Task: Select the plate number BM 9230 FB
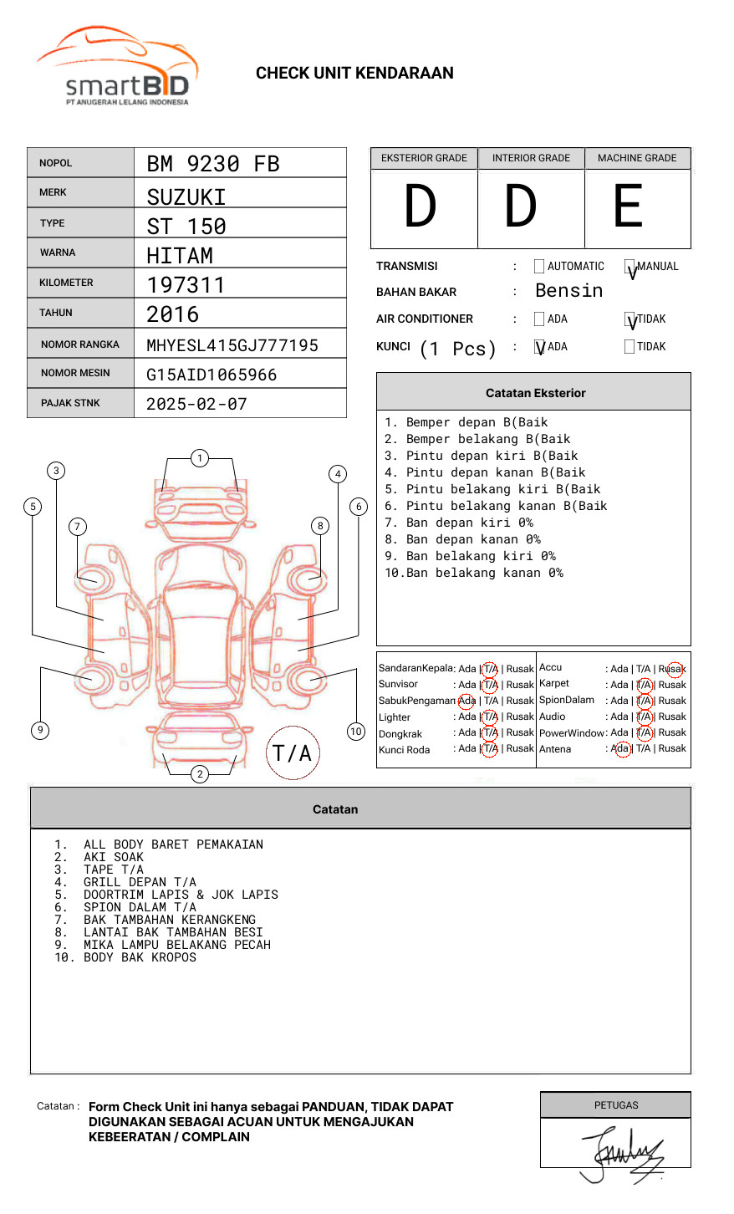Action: point(213,164)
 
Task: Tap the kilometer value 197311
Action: point(186,285)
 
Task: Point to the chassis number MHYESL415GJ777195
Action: point(232,345)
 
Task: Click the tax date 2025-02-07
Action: point(196,404)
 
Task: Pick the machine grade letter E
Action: point(629,207)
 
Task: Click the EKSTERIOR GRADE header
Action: point(424,158)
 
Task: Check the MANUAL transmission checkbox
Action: point(630,268)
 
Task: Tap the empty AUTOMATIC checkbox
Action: point(539,267)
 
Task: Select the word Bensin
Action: point(568,291)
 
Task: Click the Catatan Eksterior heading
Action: point(535,393)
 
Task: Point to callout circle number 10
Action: point(356,732)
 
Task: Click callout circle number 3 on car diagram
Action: point(56,471)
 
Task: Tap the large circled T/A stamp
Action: point(293,752)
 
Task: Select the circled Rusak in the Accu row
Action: point(674,669)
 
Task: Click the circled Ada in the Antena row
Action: point(621,749)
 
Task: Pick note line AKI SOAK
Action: point(114,857)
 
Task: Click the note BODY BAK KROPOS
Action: point(140,957)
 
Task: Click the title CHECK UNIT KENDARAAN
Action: point(354,74)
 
